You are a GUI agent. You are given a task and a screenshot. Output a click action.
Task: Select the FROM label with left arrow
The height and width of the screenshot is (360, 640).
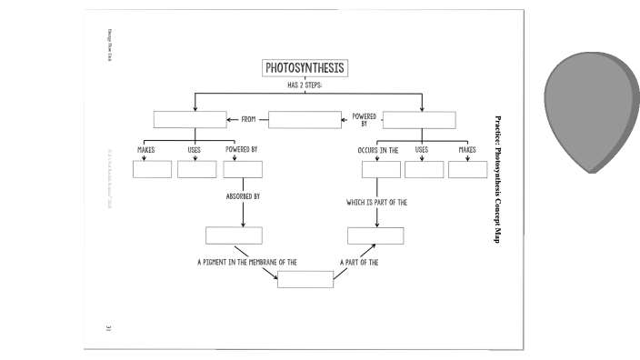pos(247,119)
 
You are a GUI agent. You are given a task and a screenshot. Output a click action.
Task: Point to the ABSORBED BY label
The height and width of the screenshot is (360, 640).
pos(243,195)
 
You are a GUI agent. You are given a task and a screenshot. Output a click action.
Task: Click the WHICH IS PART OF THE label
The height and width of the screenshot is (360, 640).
pos(375,203)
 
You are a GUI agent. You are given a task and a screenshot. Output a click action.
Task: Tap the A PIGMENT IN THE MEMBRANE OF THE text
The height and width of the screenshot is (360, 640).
pos(247,262)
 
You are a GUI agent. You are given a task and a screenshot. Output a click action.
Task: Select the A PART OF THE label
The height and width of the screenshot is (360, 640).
pos(359,262)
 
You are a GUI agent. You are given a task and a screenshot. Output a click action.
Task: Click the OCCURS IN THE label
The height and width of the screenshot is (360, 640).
pos(378,149)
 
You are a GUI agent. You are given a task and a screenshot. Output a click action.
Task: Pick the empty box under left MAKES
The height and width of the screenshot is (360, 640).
pos(152,169)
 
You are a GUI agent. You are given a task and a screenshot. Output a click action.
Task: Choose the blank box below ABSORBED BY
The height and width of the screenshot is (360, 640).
pos(234,235)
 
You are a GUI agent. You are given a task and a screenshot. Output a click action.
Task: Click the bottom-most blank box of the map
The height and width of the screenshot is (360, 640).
pos(305,279)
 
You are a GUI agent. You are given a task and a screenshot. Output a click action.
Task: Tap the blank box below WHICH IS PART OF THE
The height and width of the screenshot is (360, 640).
pos(375,235)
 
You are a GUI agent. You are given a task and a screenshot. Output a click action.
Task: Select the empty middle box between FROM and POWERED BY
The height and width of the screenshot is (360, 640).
pos(305,119)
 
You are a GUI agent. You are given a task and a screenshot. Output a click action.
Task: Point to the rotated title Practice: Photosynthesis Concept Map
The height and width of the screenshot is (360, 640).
pos(497,178)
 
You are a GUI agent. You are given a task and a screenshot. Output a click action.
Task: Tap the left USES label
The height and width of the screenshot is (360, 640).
pos(195,149)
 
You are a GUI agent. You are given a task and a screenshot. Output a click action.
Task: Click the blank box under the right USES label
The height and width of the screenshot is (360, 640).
pos(425,169)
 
